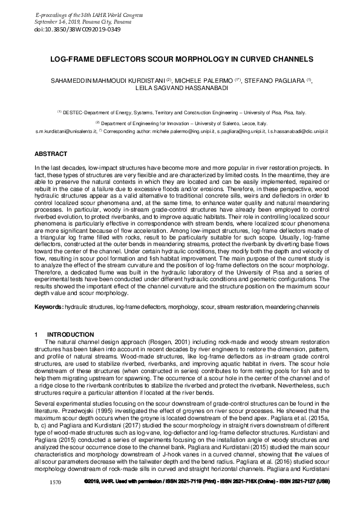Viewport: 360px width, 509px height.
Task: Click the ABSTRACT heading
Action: click(51, 155)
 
